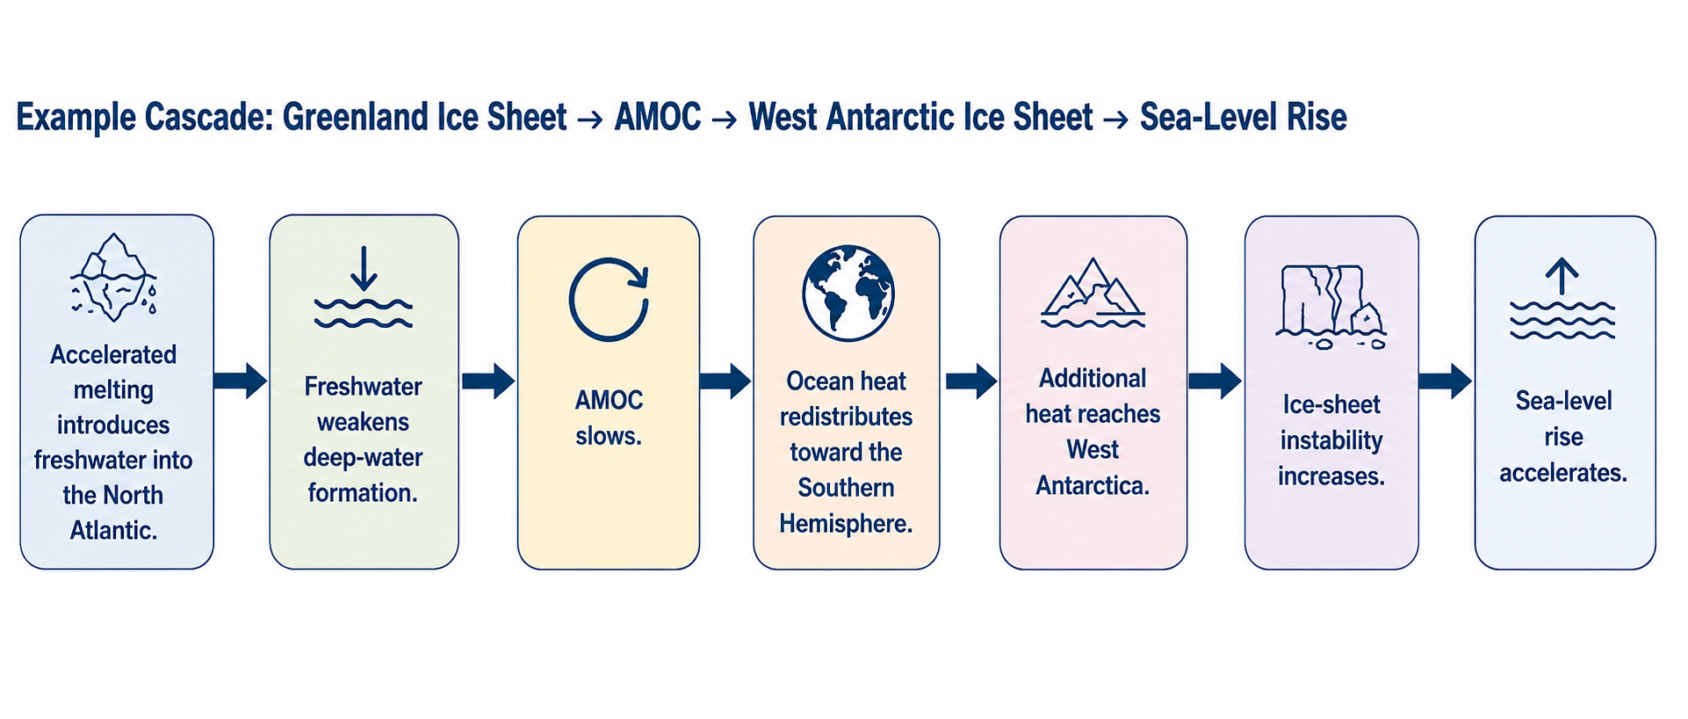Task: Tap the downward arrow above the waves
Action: click(x=364, y=269)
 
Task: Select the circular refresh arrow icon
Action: click(x=609, y=300)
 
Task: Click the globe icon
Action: click(x=848, y=294)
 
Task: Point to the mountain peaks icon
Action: click(x=1093, y=292)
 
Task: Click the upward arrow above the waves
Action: click(x=1562, y=276)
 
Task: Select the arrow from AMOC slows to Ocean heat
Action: click(x=725, y=381)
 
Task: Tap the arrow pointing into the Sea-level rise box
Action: click(x=1445, y=381)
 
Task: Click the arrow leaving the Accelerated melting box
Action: click(x=240, y=381)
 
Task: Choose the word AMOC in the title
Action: click(x=658, y=117)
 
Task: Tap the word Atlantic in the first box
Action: click(x=113, y=531)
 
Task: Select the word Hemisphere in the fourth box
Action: click(x=846, y=524)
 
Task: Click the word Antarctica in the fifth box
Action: click(x=1093, y=485)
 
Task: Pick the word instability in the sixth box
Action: click(x=1331, y=440)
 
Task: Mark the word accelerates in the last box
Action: click(x=1563, y=473)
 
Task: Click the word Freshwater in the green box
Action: click(x=364, y=387)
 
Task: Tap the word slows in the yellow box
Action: click(x=609, y=436)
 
